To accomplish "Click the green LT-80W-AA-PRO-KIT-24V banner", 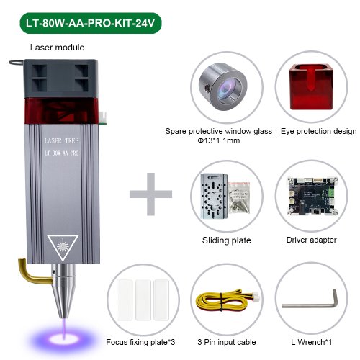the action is [91, 23].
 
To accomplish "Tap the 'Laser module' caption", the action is [57, 48].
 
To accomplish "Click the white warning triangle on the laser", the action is [63, 247].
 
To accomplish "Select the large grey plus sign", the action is [150, 194].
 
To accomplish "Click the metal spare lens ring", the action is [223, 86].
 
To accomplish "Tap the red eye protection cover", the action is [311, 87].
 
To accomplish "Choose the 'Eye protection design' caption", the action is [318, 131].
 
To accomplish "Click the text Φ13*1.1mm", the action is [218, 140].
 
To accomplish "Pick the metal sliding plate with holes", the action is [214, 196].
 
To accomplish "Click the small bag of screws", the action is [239, 198].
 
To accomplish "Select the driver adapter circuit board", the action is [312, 196].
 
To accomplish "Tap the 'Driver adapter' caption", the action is [311, 240].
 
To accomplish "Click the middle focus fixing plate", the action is [143, 300].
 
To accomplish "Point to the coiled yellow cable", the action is [227, 300].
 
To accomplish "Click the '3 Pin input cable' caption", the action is [227, 342].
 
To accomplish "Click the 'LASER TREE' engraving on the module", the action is [61, 141].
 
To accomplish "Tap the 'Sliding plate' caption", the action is [227, 240].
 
